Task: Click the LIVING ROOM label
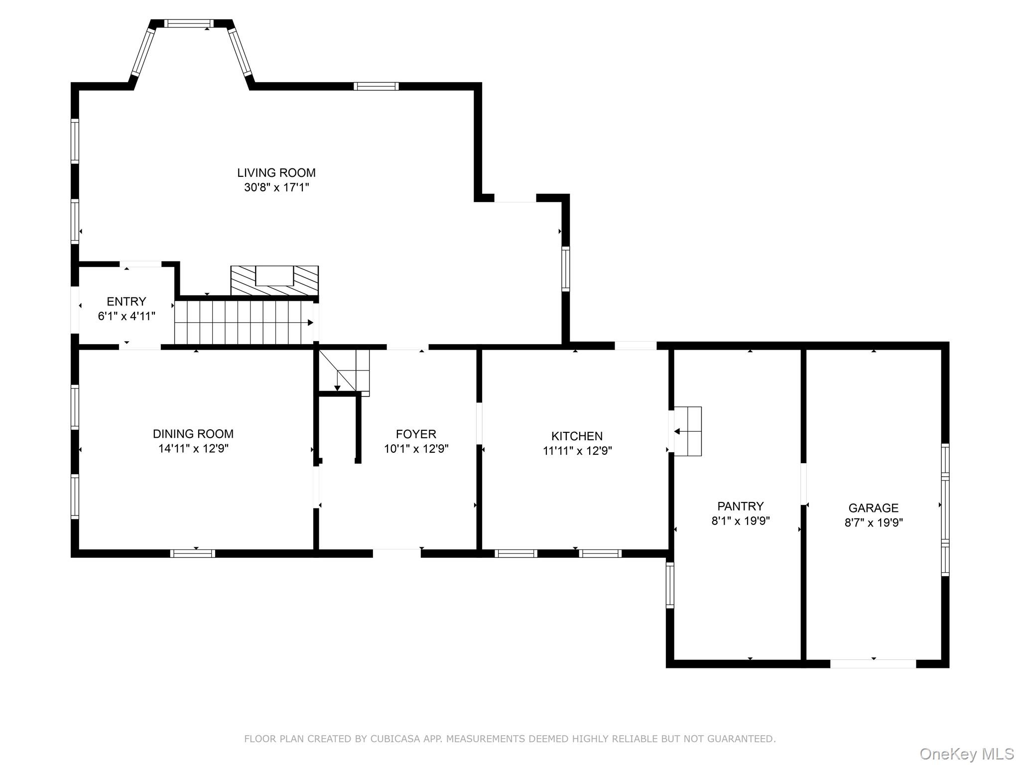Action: coord(276,173)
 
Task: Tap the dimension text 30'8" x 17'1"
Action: coord(276,188)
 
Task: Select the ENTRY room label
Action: coord(127,301)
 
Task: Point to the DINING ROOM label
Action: coord(193,434)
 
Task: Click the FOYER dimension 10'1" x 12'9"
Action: coord(416,449)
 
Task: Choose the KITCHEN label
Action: coord(577,436)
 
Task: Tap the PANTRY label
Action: coord(740,506)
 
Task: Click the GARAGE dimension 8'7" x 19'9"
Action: coord(873,522)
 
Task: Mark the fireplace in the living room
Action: coord(274,280)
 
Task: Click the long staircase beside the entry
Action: coord(243,323)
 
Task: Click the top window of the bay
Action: coord(189,23)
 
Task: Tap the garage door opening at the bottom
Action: coord(873,663)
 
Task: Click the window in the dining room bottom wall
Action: coord(193,553)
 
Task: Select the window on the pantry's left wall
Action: coord(670,585)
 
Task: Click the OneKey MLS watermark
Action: coord(966,754)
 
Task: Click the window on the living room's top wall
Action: coord(376,86)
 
